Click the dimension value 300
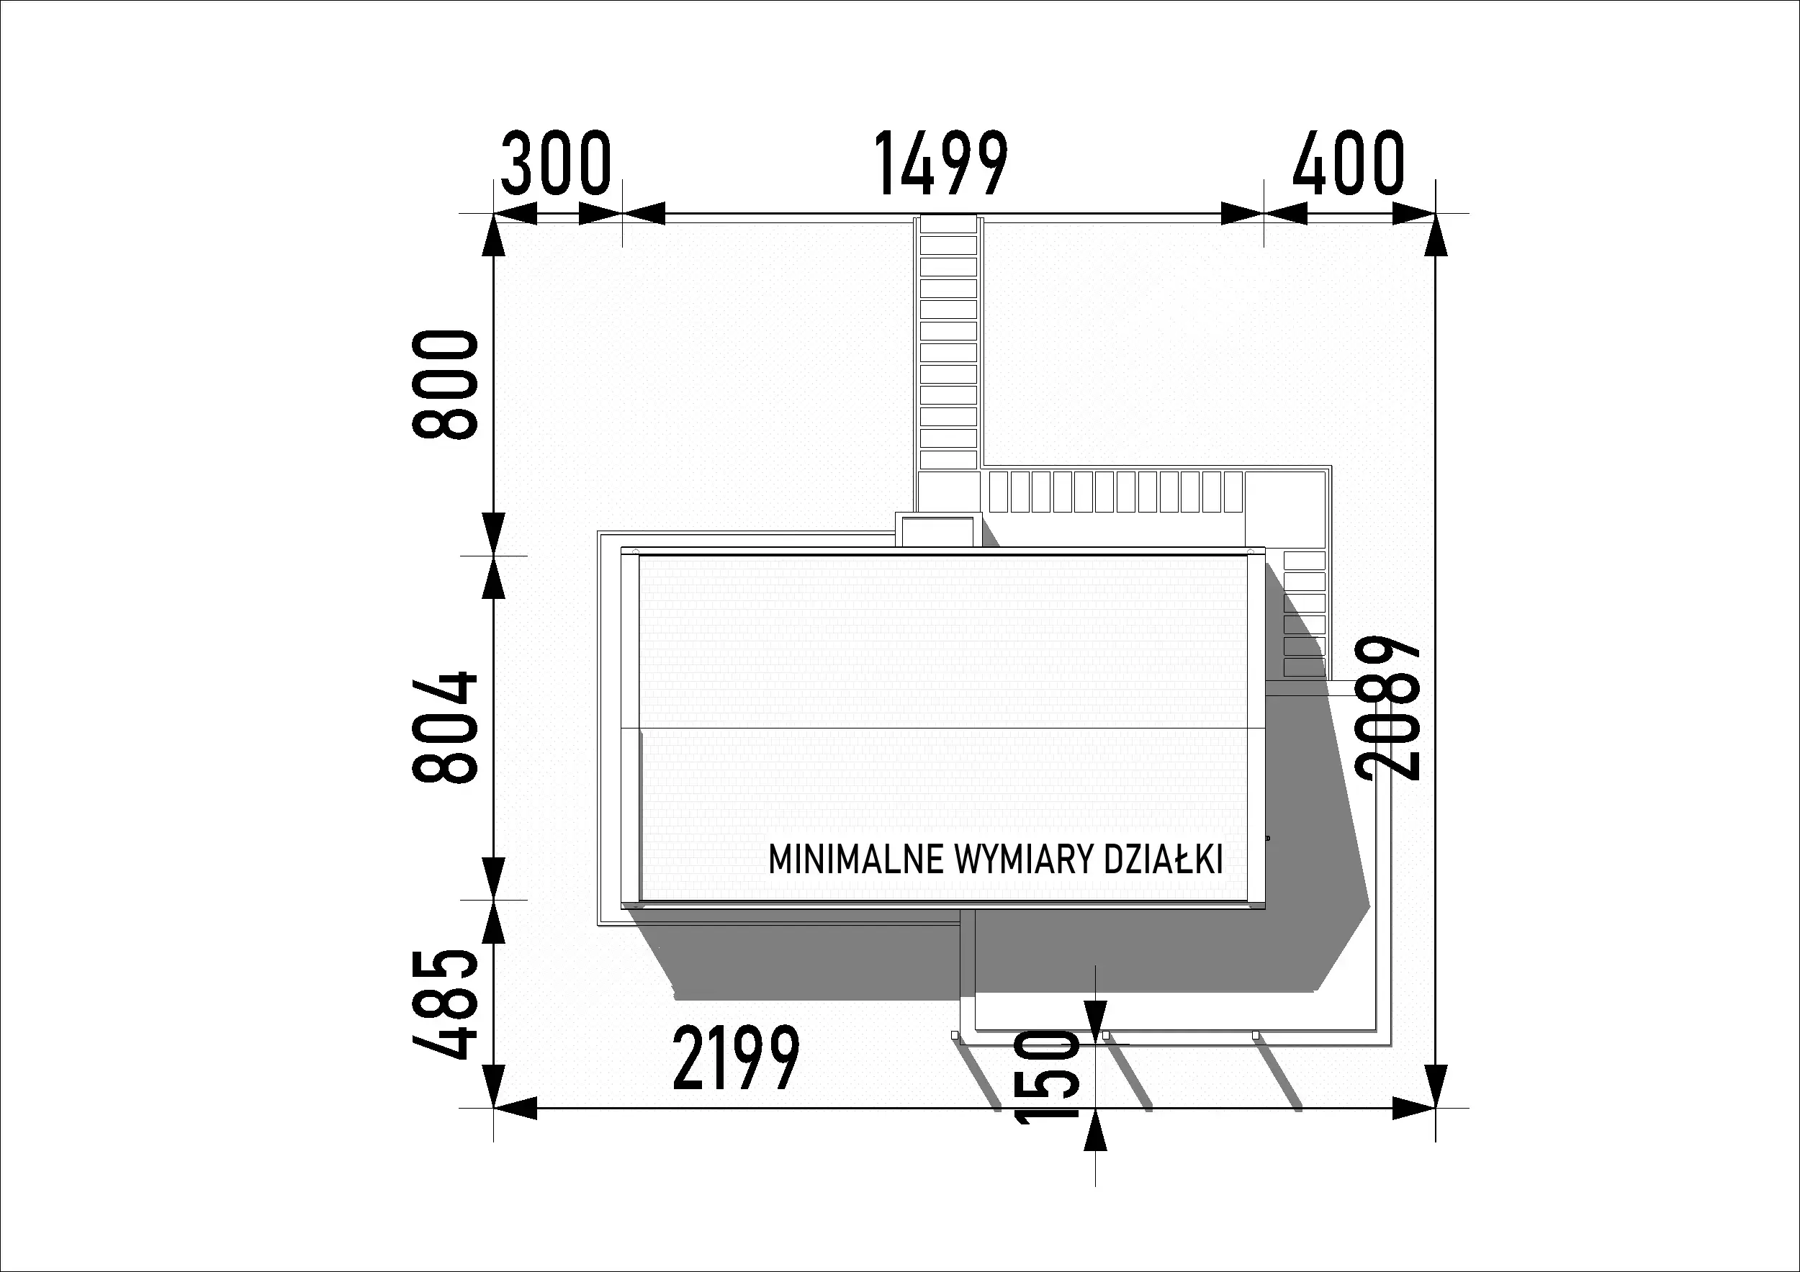tap(555, 164)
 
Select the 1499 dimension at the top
tap(941, 164)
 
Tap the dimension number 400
tap(1349, 164)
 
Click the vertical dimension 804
tap(444, 727)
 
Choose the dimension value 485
tap(444, 1004)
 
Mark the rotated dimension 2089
tap(1389, 708)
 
